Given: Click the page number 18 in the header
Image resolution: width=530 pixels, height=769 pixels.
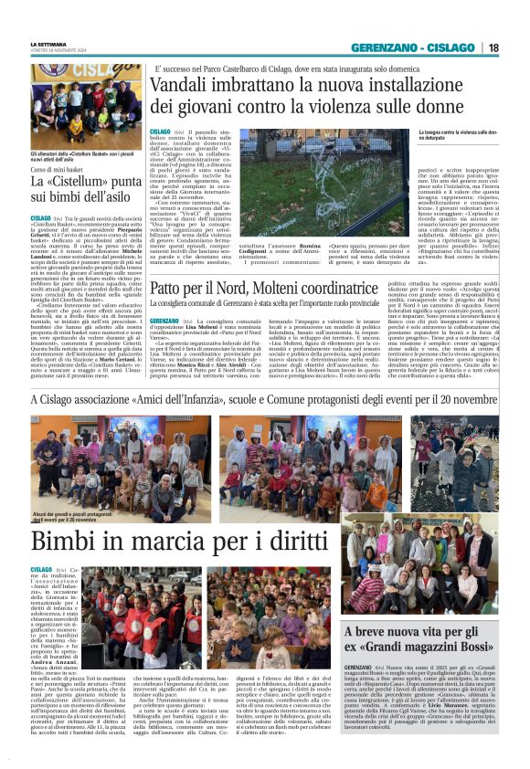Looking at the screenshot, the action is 493,47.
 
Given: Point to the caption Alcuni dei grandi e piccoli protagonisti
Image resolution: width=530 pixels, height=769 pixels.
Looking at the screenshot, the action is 72,518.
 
